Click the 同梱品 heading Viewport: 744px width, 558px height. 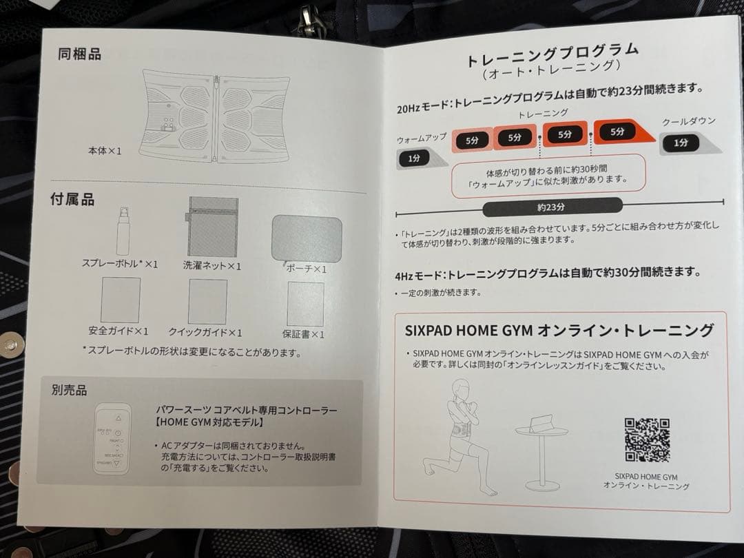pyautogui.click(x=79, y=54)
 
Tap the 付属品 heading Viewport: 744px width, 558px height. pyautogui.click(x=72, y=200)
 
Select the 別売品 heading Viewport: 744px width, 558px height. pyautogui.click(x=69, y=391)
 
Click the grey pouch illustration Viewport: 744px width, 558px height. pyautogui.click(x=307, y=238)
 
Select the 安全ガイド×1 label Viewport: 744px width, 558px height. pyautogui.click(x=118, y=331)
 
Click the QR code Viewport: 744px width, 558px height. pyautogui.click(x=647, y=440)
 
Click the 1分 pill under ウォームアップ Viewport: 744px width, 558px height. pyautogui.click(x=413, y=158)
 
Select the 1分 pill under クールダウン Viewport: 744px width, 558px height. pyautogui.click(x=681, y=143)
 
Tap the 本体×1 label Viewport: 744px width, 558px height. pyautogui.click(x=104, y=150)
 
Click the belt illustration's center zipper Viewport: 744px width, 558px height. pyautogui.click(x=216, y=116)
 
